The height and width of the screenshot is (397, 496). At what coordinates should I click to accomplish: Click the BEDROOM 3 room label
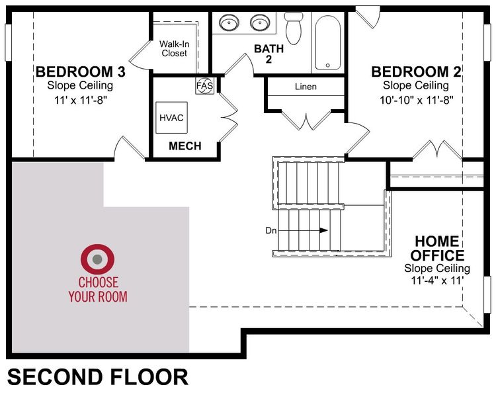point(80,71)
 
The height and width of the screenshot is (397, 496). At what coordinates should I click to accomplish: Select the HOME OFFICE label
point(437,247)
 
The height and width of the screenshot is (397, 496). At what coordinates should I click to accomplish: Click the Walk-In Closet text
point(175,48)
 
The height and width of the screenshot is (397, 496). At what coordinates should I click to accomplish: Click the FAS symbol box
point(204,85)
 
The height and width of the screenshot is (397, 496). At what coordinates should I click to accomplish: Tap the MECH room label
point(185,146)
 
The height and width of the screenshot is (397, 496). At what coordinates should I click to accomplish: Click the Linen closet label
point(306,87)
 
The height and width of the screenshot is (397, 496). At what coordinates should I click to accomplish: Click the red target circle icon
point(97,259)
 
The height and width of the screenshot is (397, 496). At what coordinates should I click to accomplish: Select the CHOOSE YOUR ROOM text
point(98,290)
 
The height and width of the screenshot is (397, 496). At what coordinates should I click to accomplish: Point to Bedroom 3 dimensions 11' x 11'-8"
point(80,100)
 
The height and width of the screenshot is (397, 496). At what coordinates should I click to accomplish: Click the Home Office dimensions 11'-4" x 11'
point(437,281)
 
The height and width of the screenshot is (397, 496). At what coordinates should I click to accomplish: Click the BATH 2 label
point(269,54)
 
